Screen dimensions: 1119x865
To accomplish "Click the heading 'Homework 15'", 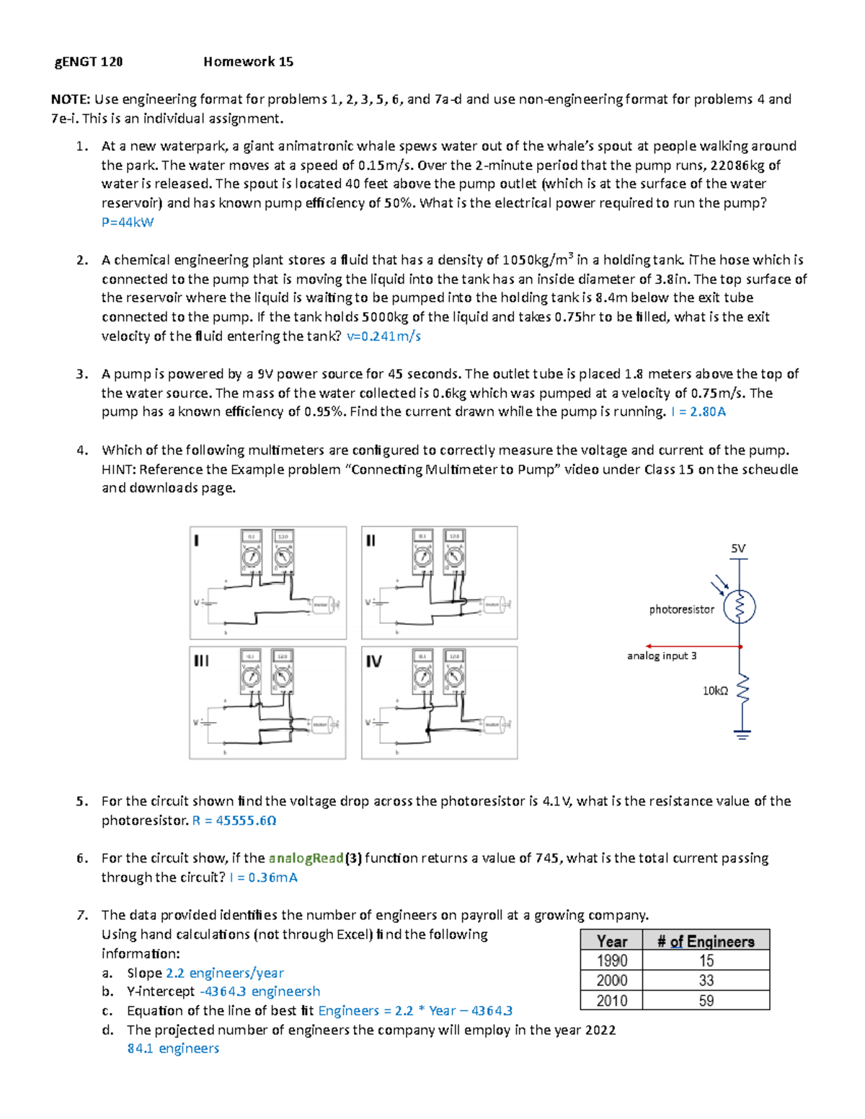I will tap(248, 62).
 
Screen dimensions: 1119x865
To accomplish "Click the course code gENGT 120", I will tap(89, 62).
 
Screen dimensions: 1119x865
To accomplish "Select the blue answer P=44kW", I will tap(128, 222).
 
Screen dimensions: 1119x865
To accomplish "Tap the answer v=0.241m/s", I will tap(383, 336).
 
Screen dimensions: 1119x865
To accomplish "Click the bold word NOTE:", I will tap(70, 99).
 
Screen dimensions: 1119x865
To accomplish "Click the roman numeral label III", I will tap(201, 660).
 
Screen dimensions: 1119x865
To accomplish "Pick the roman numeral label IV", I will tap(373, 661).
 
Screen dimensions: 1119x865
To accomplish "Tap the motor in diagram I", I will tap(321, 605).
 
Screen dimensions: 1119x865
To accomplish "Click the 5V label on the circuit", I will tap(738, 548).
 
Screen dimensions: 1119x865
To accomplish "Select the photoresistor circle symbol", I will tap(740, 607).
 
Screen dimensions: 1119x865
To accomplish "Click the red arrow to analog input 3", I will tap(692, 646).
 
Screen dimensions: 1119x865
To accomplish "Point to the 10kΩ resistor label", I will tap(715, 691).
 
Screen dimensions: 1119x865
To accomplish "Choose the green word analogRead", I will tap(306, 858).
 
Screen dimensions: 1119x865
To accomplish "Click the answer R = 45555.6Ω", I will tap(234, 820).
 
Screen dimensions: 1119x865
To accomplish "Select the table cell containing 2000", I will tap(612, 980).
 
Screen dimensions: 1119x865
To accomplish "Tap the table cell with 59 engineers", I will tap(706, 1000).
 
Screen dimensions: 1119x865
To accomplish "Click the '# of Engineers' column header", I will tap(706, 941).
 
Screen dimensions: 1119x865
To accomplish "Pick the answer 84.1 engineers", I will tap(173, 1048).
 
